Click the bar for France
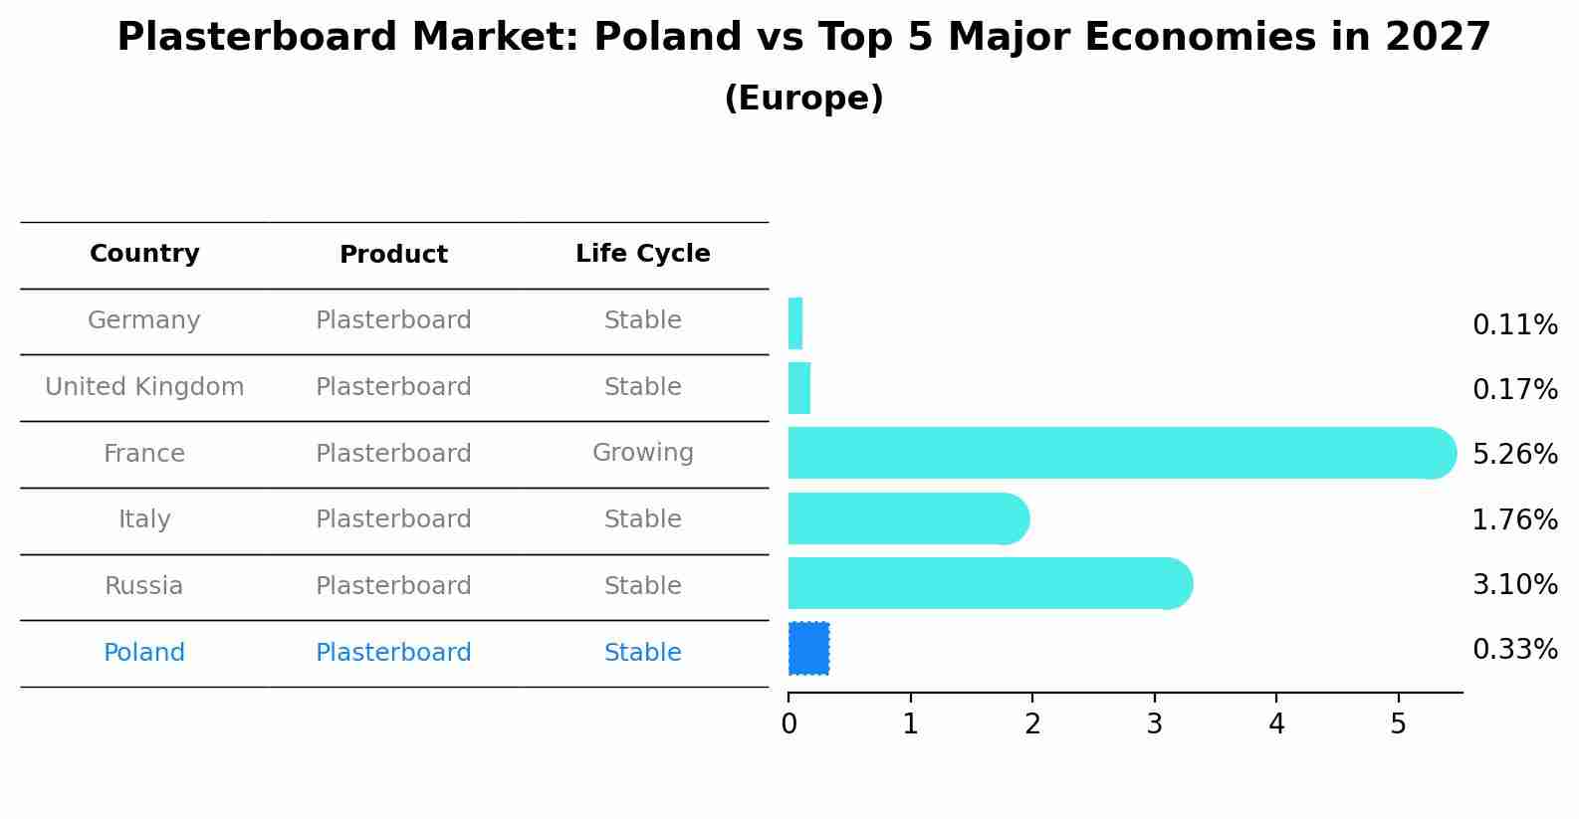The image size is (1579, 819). [1122, 453]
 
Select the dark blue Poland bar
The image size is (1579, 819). [808, 649]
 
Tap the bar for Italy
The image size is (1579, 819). [909, 518]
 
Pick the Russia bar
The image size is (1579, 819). [991, 583]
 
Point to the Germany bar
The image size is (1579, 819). [795, 323]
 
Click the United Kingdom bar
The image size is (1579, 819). [799, 388]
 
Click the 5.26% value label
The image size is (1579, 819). [1515, 454]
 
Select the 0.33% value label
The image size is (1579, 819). [1515, 649]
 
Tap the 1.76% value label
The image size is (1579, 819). [1515, 520]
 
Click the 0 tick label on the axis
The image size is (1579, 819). [789, 723]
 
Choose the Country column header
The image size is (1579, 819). [144, 253]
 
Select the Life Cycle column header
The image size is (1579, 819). [643, 253]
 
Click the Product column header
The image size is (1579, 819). [393, 254]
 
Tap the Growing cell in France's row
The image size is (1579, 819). [643, 453]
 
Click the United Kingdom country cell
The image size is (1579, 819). [144, 386]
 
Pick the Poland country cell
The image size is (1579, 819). [144, 652]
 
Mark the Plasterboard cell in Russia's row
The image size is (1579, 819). [393, 585]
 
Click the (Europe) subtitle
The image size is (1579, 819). [803, 98]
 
